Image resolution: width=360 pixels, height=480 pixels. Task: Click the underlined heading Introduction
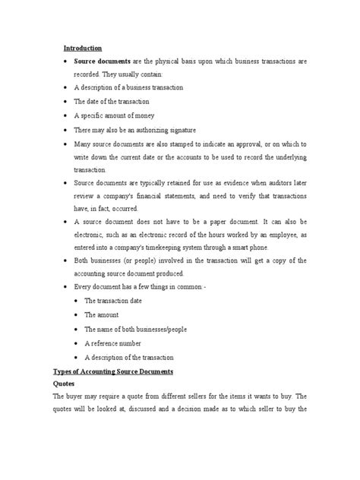[x=81, y=48]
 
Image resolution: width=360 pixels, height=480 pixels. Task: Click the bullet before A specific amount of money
[x=70, y=116]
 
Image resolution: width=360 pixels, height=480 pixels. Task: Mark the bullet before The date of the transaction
[x=70, y=102]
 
